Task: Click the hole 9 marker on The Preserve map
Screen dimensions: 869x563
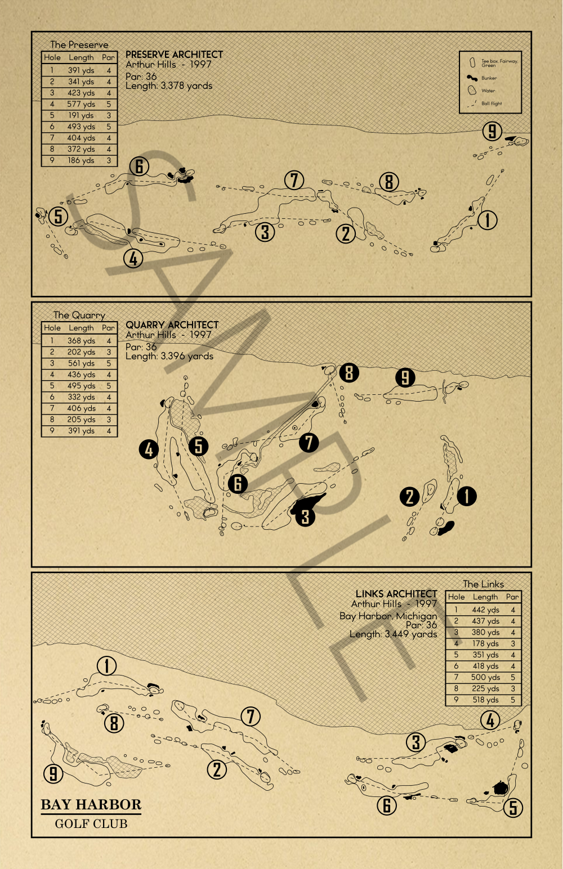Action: pos(492,131)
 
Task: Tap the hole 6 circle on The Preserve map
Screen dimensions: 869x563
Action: pos(139,166)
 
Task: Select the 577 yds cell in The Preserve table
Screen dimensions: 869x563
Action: pos(81,104)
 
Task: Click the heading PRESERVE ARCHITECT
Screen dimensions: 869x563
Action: pos(174,55)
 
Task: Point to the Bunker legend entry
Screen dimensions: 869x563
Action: pos(489,78)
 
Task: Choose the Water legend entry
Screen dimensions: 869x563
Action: pos(488,91)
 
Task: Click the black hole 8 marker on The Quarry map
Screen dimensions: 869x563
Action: pos(349,372)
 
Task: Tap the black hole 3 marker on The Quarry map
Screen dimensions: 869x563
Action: pos(305,516)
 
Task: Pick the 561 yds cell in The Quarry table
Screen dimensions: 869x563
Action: pos(81,363)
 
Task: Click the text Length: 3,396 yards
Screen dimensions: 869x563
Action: pos(169,356)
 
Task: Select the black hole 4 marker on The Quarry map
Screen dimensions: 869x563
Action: pos(149,449)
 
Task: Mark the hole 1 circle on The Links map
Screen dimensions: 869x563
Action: pos(106,666)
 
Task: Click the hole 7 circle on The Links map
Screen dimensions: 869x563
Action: pos(251,717)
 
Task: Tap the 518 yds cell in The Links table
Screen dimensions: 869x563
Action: pos(485,700)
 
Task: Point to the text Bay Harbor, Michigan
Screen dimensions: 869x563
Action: pos(388,616)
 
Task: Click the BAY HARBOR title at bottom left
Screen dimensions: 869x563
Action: pos(91,805)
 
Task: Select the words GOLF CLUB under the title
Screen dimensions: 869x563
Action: pos(91,824)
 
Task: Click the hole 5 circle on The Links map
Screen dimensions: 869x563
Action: pos(513,808)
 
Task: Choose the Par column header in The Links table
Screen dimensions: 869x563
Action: pos(512,597)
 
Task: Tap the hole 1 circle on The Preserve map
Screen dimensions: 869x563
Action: pos(488,219)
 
